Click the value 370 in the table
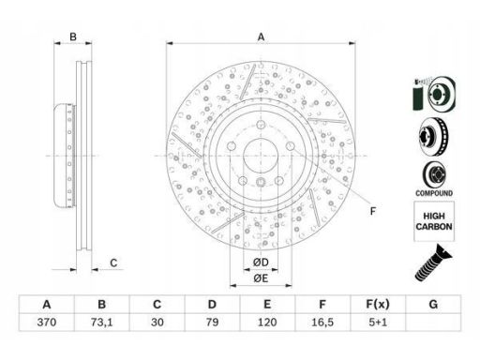pos(47,322)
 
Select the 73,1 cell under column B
pos(101,322)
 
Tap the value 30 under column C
pos(157,322)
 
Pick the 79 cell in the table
pos(212,322)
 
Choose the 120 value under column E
pos(267,322)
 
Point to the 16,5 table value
pos(322,322)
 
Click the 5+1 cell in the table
pos(378,322)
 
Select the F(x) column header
pos(378,304)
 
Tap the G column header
pos(433,304)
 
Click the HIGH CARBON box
pos(434,221)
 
